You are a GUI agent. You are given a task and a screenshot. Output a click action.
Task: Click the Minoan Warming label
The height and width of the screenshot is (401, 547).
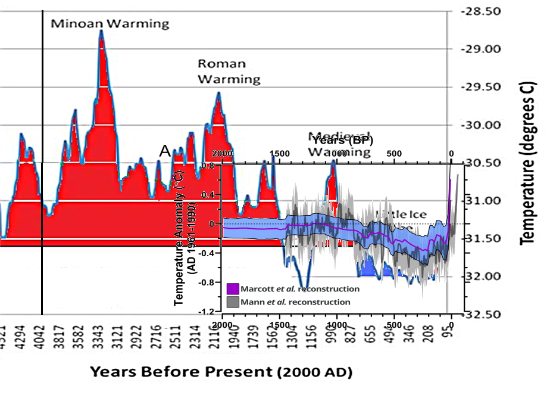(x=110, y=24)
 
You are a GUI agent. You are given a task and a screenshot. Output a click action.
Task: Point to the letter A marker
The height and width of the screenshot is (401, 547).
(x=165, y=151)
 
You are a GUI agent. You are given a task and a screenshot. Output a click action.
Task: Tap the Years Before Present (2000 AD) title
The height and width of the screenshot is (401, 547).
(x=221, y=372)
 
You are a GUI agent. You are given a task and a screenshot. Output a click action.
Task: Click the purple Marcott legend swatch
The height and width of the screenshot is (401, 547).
(x=233, y=289)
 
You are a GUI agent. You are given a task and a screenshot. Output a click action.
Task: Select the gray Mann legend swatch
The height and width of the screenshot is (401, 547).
(x=233, y=301)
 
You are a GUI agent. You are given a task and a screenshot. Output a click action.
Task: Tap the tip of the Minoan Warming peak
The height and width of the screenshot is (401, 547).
(x=101, y=30)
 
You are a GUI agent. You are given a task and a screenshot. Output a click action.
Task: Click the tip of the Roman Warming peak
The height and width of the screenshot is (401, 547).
(x=218, y=93)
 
